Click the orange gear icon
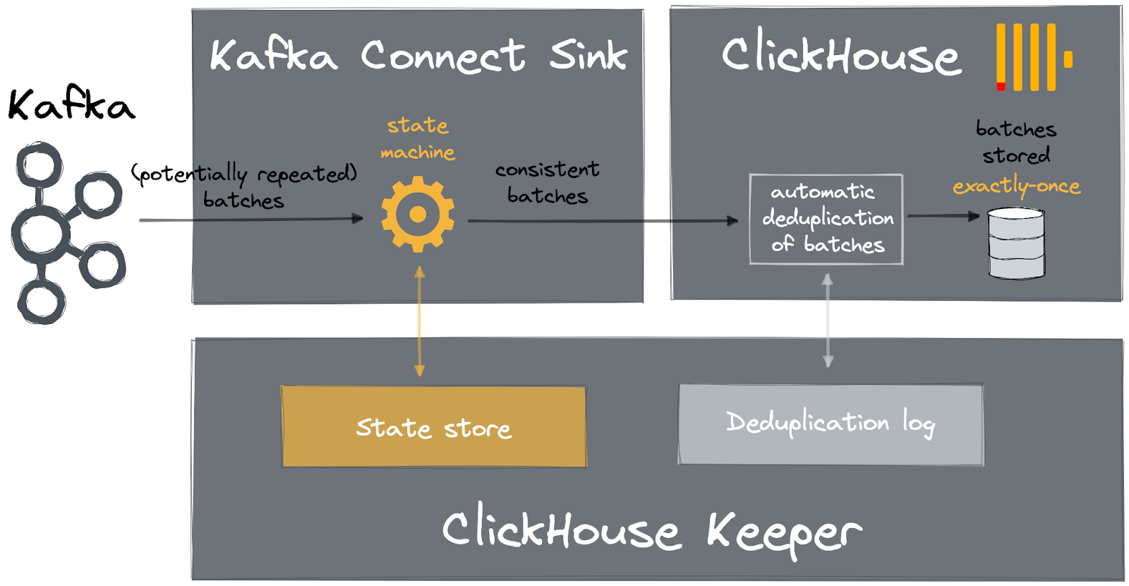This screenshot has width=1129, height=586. point(418,214)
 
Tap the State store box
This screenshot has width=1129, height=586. point(433,426)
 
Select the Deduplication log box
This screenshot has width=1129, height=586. point(831,424)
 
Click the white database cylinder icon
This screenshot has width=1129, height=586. point(1016,243)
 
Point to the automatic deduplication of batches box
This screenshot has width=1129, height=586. point(826,219)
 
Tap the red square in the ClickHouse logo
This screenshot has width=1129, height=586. point(1001,87)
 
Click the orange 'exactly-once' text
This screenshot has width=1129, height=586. point(1016,186)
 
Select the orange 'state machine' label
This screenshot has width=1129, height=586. point(418,138)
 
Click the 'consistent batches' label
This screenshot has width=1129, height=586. point(547,182)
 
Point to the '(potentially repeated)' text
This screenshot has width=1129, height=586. point(244,173)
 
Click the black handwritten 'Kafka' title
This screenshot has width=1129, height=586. point(71,106)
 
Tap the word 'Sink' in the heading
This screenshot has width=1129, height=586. point(588,56)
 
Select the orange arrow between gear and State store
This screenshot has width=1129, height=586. point(420,321)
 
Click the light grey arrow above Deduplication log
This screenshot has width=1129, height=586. point(828,321)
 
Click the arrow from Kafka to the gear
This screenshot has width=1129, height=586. point(250,220)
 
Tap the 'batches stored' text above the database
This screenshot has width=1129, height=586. point(1016,142)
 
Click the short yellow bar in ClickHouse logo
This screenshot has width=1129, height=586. point(1068,59)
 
